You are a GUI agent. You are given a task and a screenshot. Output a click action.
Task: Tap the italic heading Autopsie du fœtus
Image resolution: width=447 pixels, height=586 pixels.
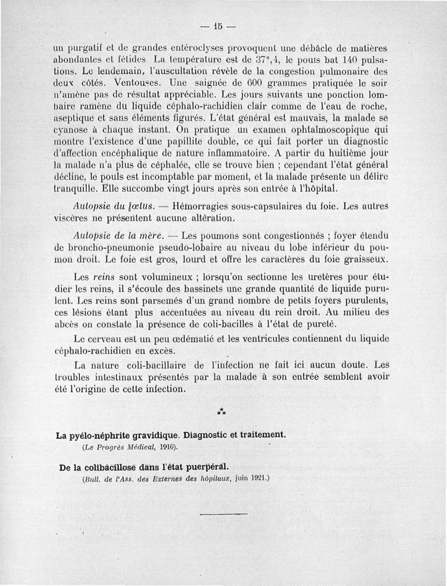click(x=108, y=206)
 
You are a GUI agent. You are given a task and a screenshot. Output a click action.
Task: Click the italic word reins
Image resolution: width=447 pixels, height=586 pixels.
click(x=103, y=276)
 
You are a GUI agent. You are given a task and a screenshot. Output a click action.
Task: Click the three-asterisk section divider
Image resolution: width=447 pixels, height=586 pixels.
click(x=221, y=412)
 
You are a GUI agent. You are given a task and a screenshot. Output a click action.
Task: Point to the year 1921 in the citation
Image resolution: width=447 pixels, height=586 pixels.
click(x=257, y=478)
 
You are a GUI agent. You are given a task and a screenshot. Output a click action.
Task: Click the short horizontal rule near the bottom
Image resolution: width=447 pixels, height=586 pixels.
click(x=222, y=513)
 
